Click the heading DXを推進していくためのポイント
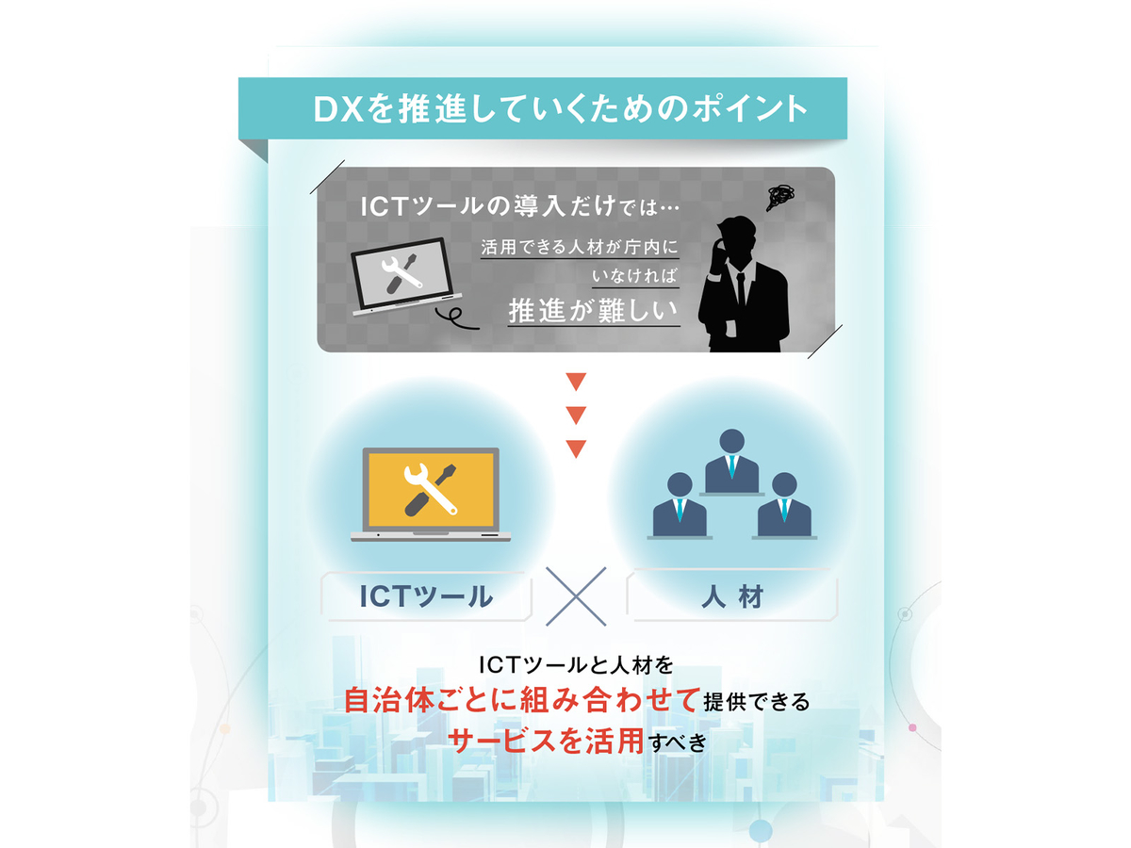pyautogui.click(x=560, y=108)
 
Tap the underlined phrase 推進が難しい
pyautogui.click(x=594, y=310)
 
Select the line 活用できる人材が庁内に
pyautogui.click(x=579, y=247)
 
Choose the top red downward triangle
pyautogui.click(x=576, y=383)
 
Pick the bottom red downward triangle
pyautogui.click(x=576, y=448)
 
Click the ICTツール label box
pyautogui.click(x=427, y=596)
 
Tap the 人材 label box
pyautogui.click(x=732, y=596)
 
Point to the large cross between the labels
pyautogui.click(x=577, y=595)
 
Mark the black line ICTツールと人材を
pyautogui.click(x=577, y=665)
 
